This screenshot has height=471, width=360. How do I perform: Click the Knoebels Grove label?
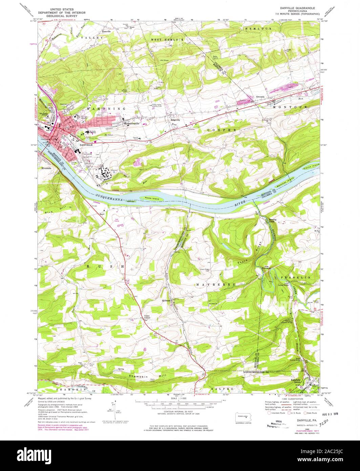point(297,381)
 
